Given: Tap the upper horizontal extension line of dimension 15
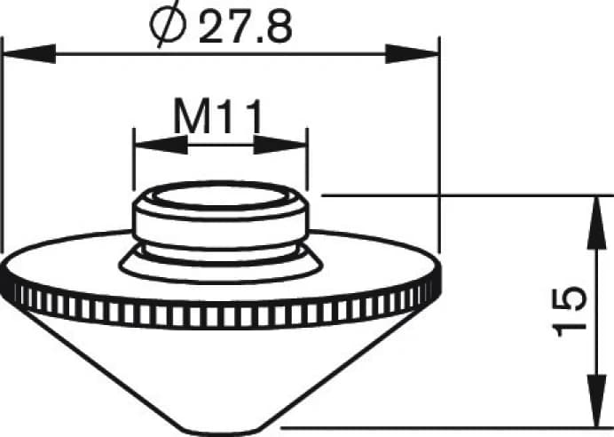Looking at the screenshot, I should [461, 194].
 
